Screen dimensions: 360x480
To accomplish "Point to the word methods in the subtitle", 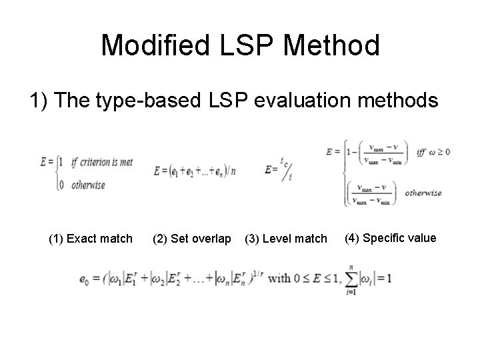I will click(399, 101).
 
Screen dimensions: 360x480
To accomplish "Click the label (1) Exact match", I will click(91, 239).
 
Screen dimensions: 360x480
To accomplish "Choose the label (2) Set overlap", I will click(192, 239).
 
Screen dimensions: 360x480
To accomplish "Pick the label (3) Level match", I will click(286, 239).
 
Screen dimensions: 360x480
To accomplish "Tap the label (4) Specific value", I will click(391, 238).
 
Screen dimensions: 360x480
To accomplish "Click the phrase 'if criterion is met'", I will click(102, 163).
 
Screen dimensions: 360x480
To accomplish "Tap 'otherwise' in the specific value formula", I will click(423, 193).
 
